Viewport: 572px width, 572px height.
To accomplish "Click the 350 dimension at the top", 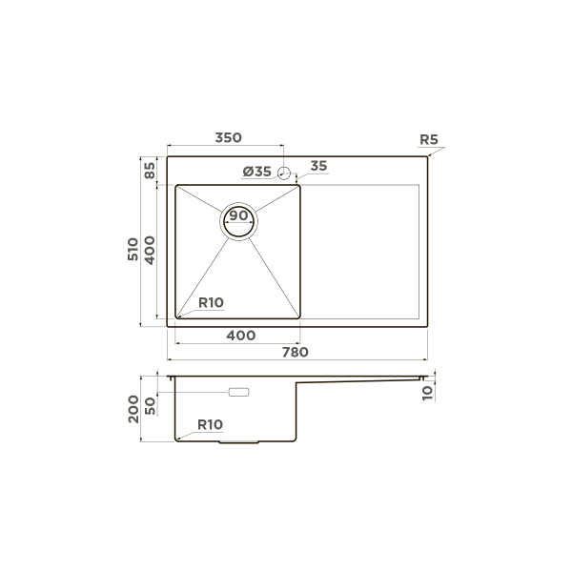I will (x=228, y=138).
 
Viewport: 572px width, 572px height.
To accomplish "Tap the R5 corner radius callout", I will (x=428, y=140).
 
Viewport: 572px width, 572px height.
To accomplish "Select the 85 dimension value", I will (x=150, y=173).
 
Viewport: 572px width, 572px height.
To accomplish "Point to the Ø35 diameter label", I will (x=257, y=172).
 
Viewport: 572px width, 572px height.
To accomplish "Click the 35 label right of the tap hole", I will (x=318, y=167).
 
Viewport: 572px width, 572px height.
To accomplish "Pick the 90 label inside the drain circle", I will (x=238, y=215).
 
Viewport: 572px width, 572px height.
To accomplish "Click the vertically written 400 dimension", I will (x=150, y=249).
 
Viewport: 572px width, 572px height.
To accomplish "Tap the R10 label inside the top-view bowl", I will (x=210, y=303).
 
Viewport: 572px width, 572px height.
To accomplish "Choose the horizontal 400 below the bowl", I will (x=240, y=336).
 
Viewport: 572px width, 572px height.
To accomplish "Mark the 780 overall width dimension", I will (x=295, y=353).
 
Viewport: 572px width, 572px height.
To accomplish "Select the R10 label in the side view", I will (x=210, y=424).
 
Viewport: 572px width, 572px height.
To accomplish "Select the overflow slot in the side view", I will (x=237, y=392).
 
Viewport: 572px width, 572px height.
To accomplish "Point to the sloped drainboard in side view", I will (x=362, y=380).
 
